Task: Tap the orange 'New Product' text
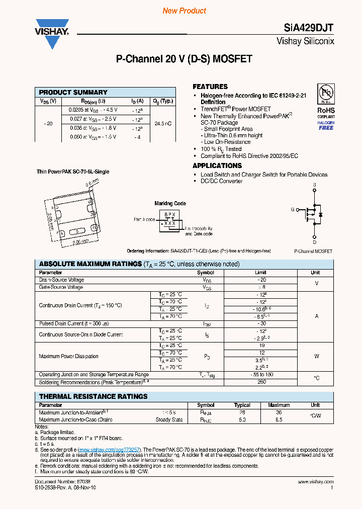coord(184,11)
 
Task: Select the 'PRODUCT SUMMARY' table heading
coord(73,93)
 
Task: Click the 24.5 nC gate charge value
coord(163,123)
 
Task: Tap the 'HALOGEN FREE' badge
coord(326,125)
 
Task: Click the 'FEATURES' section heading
coord(210,87)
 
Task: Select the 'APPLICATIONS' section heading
coord(217,165)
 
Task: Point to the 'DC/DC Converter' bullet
coord(221,181)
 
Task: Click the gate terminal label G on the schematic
coord(292,209)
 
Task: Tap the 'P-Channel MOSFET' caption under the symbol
coord(313,251)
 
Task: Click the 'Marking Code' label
coord(170,204)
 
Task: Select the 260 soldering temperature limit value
coord(261,382)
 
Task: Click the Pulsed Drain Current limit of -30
coord(261,324)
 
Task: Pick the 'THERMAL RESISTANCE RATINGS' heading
coord(94,396)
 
